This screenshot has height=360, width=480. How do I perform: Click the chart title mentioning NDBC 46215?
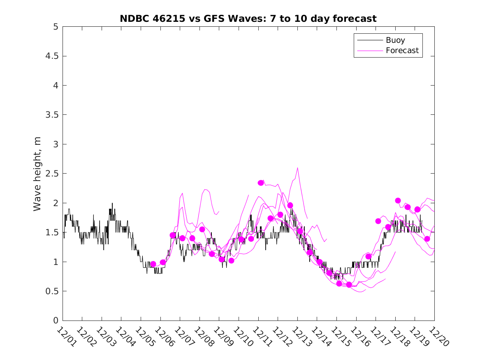point(248,19)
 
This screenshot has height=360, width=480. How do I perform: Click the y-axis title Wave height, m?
point(37,174)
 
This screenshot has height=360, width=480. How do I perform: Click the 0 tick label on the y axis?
point(55,321)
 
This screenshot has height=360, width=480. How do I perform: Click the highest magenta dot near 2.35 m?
point(261,183)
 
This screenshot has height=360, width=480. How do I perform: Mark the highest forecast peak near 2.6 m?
point(297,168)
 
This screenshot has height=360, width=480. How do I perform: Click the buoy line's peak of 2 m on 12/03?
point(112,203)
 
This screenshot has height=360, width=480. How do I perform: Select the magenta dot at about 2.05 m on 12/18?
point(398,200)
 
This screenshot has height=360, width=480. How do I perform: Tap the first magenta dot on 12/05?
point(153,264)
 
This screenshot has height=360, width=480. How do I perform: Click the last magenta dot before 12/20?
point(427,239)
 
